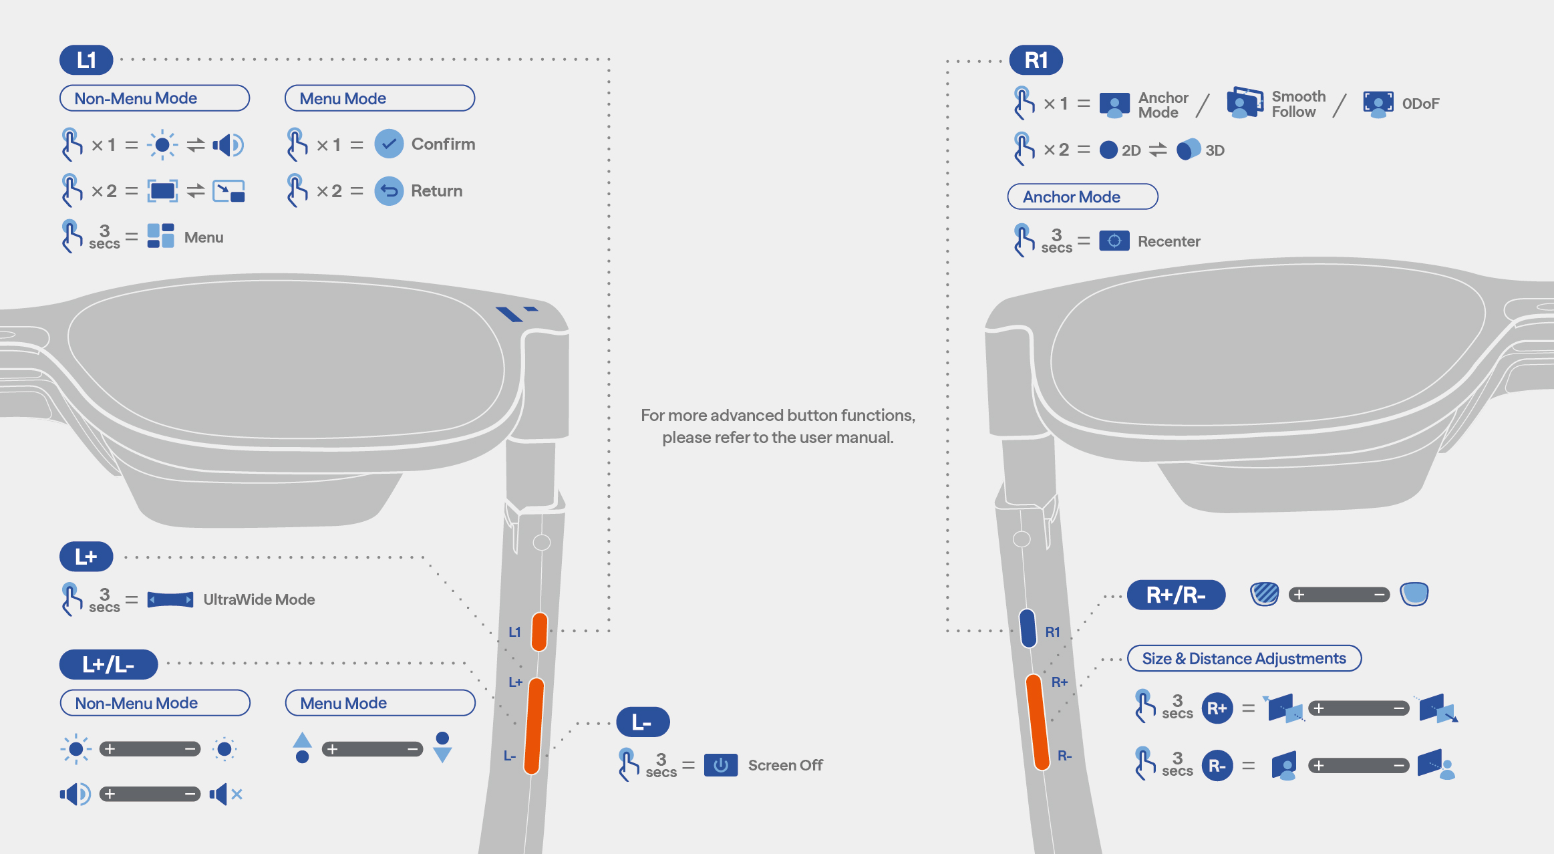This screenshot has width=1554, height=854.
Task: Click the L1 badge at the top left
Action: tap(86, 60)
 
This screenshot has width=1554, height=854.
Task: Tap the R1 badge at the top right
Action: tap(1036, 60)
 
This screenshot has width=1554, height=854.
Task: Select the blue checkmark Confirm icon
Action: tap(389, 144)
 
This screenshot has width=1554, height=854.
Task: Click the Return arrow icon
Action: tap(389, 191)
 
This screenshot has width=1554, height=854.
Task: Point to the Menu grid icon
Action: tap(160, 236)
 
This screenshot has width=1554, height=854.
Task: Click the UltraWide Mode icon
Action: tap(170, 599)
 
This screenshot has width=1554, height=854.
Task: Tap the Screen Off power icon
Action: tap(721, 765)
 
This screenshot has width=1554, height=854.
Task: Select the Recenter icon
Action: tap(1114, 241)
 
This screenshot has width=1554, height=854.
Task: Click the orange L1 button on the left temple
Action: tap(540, 631)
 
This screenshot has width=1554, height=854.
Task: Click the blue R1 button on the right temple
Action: tap(1028, 628)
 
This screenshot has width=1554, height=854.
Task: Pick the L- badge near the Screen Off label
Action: tap(643, 722)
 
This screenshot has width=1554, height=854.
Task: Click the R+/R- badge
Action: tap(1176, 595)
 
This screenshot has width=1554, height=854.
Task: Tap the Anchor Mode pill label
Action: tap(1082, 196)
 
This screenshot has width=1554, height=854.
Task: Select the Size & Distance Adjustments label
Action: tap(1244, 658)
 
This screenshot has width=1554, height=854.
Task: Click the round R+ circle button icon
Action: tap(1217, 708)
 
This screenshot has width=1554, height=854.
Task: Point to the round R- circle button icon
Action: tap(1217, 766)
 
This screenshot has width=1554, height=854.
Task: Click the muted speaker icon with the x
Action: tap(226, 794)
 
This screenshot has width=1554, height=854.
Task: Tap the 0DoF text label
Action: tap(1420, 104)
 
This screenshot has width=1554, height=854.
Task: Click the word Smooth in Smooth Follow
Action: tap(1299, 96)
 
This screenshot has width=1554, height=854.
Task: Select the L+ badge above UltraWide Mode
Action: tap(86, 557)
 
